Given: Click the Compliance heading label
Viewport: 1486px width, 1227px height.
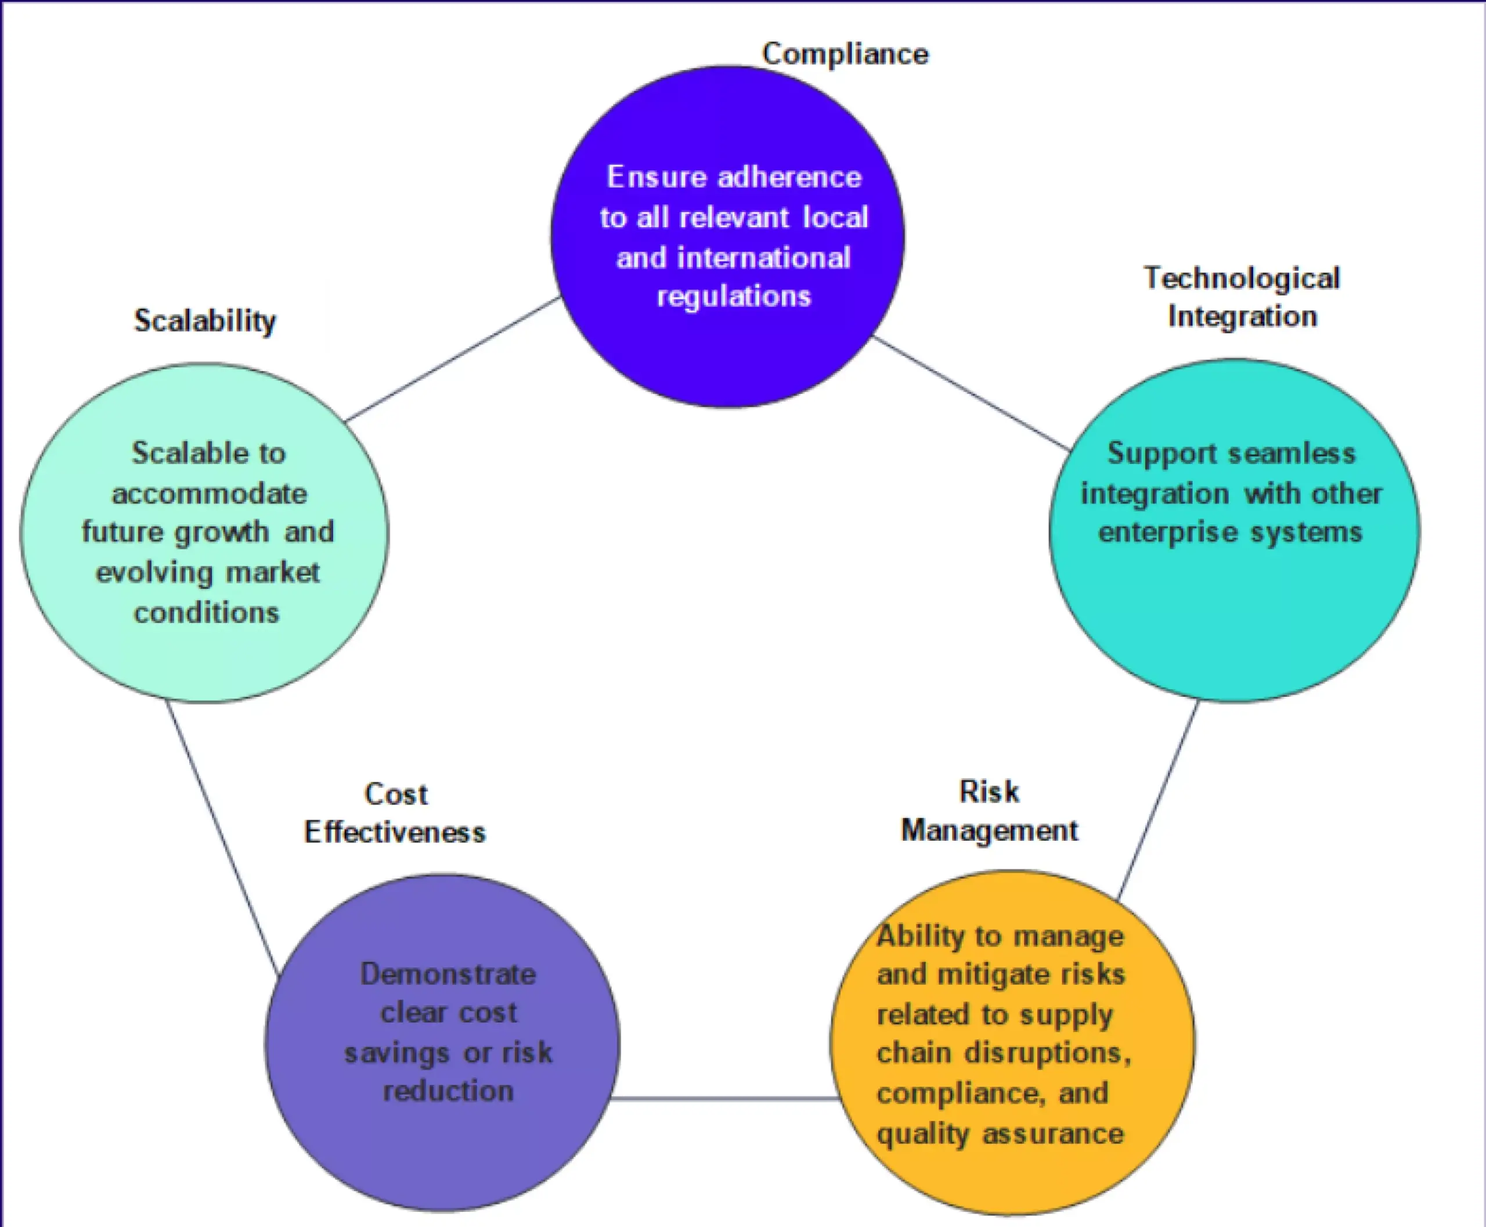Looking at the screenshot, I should [x=845, y=55].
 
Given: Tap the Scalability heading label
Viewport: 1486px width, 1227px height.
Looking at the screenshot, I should [x=205, y=322].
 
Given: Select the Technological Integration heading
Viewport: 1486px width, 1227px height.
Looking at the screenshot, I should [x=1242, y=297].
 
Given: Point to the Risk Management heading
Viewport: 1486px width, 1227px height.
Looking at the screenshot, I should [x=989, y=811].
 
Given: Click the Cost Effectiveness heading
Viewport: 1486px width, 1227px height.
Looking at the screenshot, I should [x=395, y=814].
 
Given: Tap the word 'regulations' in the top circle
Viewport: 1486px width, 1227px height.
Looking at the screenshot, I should [x=734, y=296].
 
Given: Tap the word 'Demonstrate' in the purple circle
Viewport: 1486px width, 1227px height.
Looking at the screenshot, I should [x=448, y=974].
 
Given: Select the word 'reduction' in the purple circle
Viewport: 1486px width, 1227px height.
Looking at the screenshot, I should [x=448, y=1091].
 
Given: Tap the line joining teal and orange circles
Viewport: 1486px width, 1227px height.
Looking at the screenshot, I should [x=1157, y=801].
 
